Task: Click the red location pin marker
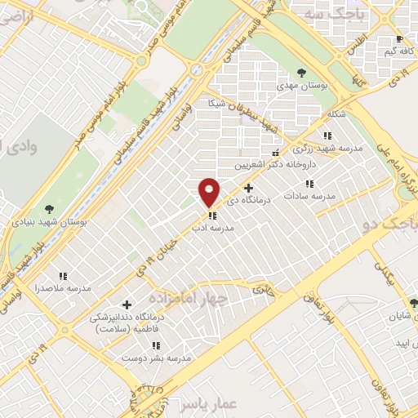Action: (209, 192)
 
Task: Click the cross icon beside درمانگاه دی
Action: (248, 188)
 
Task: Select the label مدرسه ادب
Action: (213, 229)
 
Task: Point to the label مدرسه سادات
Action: (309, 197)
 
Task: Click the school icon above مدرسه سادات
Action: (309, 185)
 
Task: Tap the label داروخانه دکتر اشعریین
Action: (273, 164)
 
